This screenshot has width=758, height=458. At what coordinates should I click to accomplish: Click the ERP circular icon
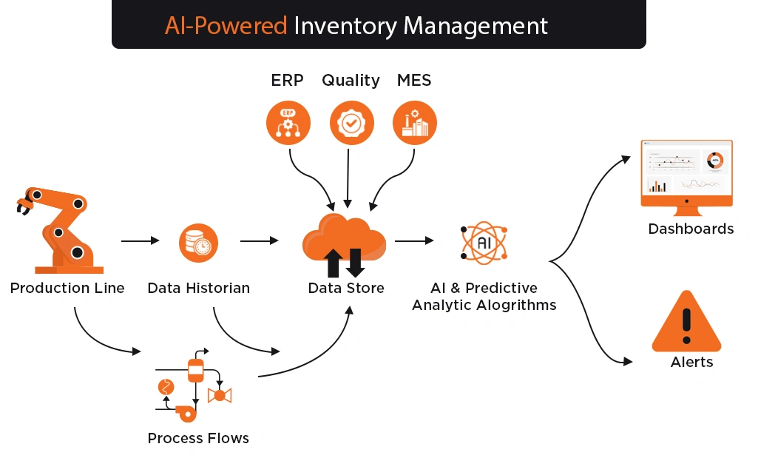click(x=288, y=123)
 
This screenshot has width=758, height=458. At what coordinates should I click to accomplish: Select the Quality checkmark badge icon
click(x=351, y=123)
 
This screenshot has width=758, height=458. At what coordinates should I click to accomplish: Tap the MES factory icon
click(x=415, y=123)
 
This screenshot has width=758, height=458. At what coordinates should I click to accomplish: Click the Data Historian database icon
click(x=198, y=243)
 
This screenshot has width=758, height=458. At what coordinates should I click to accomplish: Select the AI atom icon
click(x=484, y=243)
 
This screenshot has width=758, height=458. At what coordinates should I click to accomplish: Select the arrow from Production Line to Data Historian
click(x=141, y=240)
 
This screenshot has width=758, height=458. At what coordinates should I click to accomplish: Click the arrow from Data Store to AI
click(x=414, y=240)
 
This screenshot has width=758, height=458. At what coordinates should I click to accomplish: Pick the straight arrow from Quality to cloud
click(x=348, y=178)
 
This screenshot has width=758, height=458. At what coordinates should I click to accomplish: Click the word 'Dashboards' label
click(x=691, y=229)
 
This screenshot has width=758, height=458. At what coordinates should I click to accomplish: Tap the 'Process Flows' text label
click(x=198, y=438)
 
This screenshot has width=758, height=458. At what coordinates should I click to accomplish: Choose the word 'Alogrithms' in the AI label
click(x=516, y=305)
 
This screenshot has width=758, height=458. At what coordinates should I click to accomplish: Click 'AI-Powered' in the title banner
click(x=226, y=26)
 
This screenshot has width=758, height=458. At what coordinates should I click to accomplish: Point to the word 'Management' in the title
click(x=476, y=27)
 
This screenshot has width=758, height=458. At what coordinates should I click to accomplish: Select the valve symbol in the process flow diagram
click(x=220, y=395)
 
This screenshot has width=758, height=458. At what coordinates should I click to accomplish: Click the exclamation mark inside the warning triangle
click(x=686, y=326)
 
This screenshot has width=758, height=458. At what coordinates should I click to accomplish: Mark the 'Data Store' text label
click(x=346, y=289)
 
